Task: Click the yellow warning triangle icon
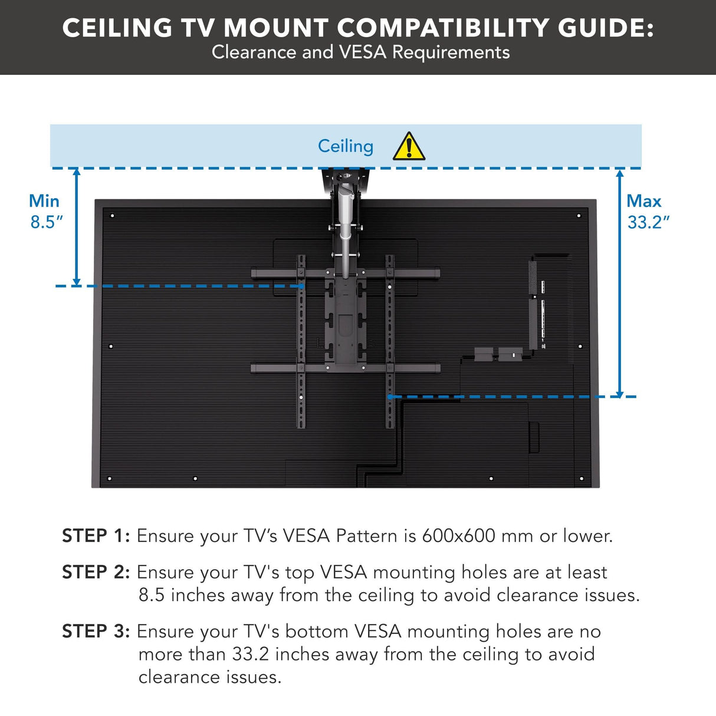coord(409,147)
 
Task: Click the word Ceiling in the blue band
coord(346,146)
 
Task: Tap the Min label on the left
coord(44,201)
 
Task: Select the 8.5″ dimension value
coord(47,222)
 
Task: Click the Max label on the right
coord(643,201)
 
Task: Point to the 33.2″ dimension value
coord(648,222)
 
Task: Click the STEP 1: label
coord(96,536)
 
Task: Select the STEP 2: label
coord(96,572)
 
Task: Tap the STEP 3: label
coord(96,631)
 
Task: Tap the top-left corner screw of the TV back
coord(112,216)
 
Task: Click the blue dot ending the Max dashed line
coord(390,397)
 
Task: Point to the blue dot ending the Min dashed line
coord(301,286)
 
